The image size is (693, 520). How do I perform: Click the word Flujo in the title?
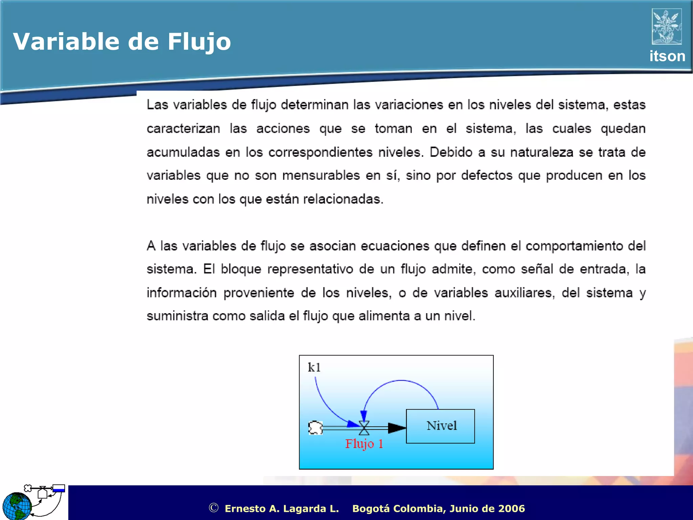pyautogui.click(x=199, y=42)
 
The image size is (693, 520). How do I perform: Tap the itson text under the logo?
pyautogui.click(x=667, y=56)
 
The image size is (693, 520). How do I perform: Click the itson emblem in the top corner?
pyautogui.click(x=667, y=26)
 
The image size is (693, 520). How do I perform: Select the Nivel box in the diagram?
pyautogui.click(x=440, y=426)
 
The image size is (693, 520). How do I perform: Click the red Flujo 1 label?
pyautogui.click(x=364, y=444)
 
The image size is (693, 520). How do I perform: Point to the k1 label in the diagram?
pyautogui.click(x=314, y=367)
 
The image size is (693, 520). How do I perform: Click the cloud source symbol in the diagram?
pyautogui.click(x=315, y=428)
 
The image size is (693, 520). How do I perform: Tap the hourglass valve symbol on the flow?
pyautogui.click(x=364, y=428)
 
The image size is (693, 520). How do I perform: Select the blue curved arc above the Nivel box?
pyautogui.click(x=401, y=381)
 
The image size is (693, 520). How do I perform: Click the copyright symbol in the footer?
pyautogui.click(x=214, y=508)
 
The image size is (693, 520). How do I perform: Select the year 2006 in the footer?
pyautogui.click(x=511, y=508)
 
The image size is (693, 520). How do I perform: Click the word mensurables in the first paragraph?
pyautogui.click(x=321, y=176)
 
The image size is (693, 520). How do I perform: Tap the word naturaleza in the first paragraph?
pyautogui.click(x=542, y=152)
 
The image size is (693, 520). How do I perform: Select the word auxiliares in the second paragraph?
pyautogui.click(x=524, y=293)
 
